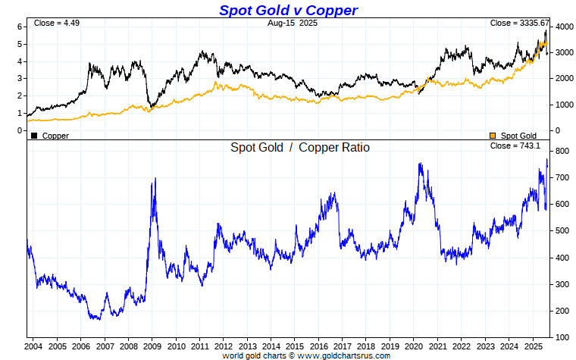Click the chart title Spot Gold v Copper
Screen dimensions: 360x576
[288, 10]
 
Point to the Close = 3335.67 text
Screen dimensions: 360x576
[519, 23]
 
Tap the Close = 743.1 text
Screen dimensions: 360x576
[515, 146]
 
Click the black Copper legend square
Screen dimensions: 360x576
[33, 136]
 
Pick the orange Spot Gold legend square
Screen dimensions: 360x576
[493, 136]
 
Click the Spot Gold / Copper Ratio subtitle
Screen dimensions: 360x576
[300, 148]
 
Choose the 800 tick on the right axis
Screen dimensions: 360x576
[562, 152]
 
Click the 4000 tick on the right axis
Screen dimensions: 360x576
[563, 27]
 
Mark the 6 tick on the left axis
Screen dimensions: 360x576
[20, 27]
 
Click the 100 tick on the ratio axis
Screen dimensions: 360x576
[562, 337]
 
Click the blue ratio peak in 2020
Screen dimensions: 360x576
[420, 163]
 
